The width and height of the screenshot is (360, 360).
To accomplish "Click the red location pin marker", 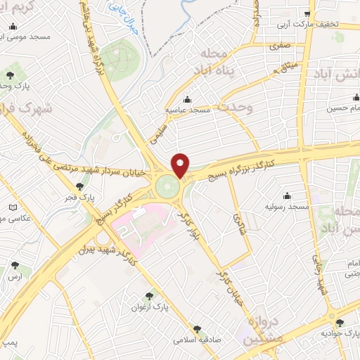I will [181, 165].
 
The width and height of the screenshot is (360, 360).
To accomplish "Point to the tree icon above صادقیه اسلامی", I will [197, 327].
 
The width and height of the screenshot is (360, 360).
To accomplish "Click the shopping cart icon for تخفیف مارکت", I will [307, 13].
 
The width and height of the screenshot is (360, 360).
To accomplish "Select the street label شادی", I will [237, 222].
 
